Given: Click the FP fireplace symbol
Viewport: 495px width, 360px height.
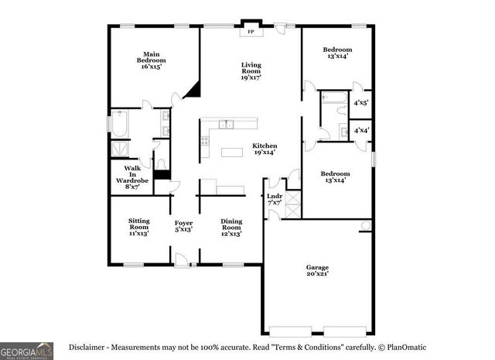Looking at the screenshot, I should coord(250,33).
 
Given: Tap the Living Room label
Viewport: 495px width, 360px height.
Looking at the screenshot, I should coord(250,71).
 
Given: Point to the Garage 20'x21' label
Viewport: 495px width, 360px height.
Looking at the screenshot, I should coord(317,269).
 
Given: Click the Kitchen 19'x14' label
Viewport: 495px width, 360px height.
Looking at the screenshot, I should coord(265,149).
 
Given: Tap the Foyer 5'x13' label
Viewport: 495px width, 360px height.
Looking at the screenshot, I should coord(183,226).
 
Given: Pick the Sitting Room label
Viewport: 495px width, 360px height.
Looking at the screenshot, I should coord(139,226).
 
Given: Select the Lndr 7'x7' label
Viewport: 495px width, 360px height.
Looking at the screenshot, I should coord(275,199).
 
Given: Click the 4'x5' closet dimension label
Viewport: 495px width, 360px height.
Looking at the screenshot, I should coord(361,102).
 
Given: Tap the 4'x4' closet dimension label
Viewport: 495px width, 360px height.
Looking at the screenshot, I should coord(361,131).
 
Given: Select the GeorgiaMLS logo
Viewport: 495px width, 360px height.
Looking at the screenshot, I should coord(26,350).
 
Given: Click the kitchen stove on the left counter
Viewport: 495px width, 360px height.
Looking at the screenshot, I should coord(205,141).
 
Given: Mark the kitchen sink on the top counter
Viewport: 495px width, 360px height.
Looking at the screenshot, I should coord(226,124).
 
